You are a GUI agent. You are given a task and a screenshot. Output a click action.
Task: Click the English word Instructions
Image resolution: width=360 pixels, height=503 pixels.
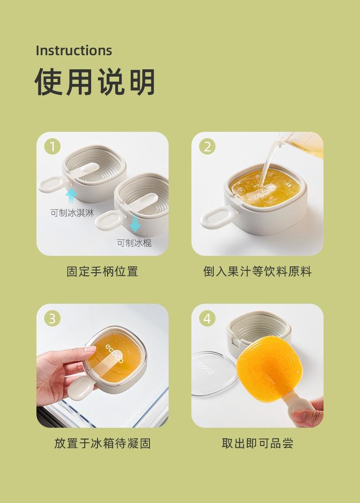pyautogui.click(x=74, y=51)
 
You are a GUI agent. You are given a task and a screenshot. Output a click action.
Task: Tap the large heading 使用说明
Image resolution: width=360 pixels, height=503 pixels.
pyautogui.click(x=95, y=82)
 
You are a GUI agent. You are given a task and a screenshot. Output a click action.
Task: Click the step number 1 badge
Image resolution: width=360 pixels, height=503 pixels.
pyautogui.click(x=52, y=146)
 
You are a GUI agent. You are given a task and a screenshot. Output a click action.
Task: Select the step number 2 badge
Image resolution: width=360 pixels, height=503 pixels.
pyautogui.click(x=207, y=146)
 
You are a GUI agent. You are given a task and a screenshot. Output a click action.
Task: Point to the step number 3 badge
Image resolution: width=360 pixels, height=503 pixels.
pyautogui.click(x=52, y=319)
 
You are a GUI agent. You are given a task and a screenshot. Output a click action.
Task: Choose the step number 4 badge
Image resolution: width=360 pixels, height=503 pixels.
pyautogui.click(x=207, y=319)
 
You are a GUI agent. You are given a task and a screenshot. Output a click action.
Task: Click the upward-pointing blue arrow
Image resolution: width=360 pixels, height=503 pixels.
pyautogui.click(x=71, y=195)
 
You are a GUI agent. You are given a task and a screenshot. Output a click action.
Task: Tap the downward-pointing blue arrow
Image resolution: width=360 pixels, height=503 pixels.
pyautogui.click(x=135, y=224)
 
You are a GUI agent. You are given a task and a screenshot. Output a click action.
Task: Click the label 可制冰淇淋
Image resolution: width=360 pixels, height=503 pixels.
pyautogui.click(x=72, y=213)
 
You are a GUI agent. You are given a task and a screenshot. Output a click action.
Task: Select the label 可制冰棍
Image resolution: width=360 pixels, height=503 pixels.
pyautogui.click(x=134, y=243)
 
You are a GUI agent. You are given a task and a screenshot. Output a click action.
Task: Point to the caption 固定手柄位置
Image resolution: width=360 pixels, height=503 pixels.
pyautogui.click(x=102, y=271)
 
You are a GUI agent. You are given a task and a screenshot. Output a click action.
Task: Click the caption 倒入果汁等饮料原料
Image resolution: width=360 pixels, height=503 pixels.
pyautogui.click(x=257, y=271)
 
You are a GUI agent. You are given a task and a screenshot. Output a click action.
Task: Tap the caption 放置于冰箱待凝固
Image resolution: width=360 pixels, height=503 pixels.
pyautogui.click(x=102, y=443)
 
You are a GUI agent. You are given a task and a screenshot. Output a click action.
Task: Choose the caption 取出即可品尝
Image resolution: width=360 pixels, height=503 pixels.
pyautogui.click(x=257, y=443)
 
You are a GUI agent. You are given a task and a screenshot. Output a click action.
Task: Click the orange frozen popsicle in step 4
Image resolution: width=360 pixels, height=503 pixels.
pyautogui.click(x=269, y=368)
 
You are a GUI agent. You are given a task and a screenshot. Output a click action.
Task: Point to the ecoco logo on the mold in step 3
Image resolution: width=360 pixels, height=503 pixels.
pyautogui.click(x=114, y=353)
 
